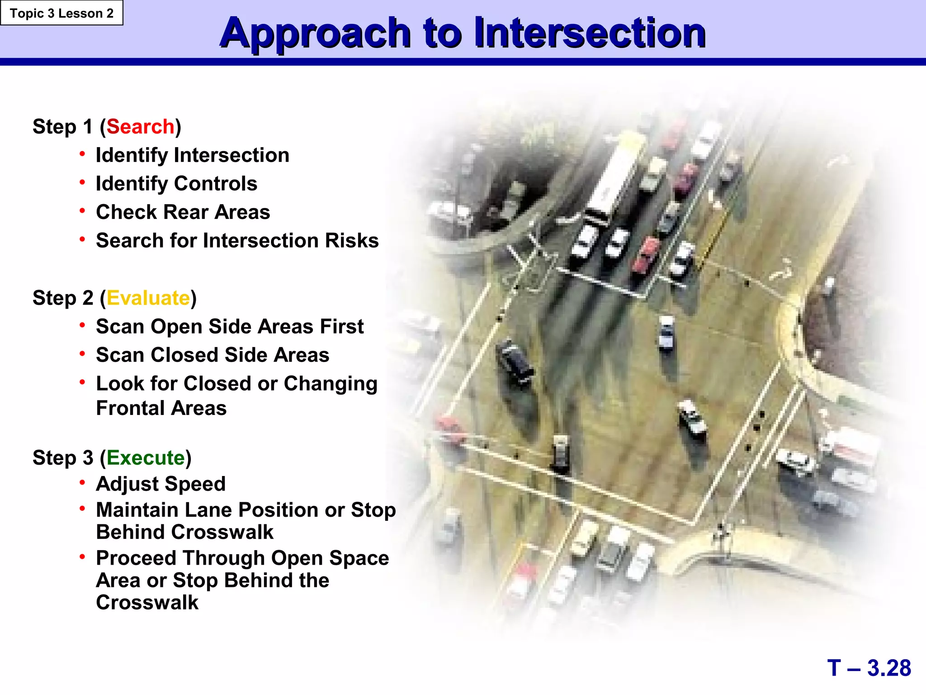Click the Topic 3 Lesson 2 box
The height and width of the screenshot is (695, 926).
click(x=61, y=13)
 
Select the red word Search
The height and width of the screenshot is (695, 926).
click(x=140, y=127)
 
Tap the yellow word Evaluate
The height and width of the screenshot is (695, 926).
click(x=148, y=298)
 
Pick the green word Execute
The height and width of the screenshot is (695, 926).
click(x=146, y=458)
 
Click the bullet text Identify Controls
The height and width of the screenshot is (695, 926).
click(x=176, y=184)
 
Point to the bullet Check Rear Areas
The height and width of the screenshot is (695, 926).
click(x=183, y=212)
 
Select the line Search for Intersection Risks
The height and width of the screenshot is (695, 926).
click(x=237, y=241)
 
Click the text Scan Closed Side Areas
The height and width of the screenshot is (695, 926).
click(x=213, y=355)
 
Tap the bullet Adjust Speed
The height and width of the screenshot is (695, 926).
click(x=161, y=484)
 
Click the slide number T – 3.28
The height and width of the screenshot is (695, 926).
click(x=869, y=668)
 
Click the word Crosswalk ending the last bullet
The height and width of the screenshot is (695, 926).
click(x=147, y=603)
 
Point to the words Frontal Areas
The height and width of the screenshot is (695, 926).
click(x=161, y=408)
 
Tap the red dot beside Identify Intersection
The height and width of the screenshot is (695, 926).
click(x=82, y=154)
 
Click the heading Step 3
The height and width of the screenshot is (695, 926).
click(x=63, y=458)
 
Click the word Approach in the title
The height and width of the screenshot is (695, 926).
click(x=315, y=33)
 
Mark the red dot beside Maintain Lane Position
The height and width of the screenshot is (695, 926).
click(x=82, y=509)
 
